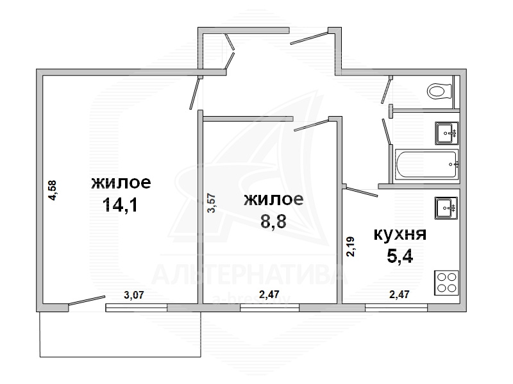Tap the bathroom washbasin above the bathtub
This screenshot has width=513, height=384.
coord(446,133)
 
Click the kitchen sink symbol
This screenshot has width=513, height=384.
coord(446,208)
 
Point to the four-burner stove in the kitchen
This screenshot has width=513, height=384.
coord(446,283)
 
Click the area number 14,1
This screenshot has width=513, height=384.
coord(120,205)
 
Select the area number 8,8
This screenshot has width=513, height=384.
coord(273,221)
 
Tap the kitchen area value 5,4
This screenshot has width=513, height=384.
coord(399,256)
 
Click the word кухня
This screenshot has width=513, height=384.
coord(399,234)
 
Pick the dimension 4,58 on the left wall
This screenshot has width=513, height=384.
coord(52,190)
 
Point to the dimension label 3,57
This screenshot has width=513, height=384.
coord(212,203)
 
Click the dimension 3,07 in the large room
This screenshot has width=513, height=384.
coord(134,295)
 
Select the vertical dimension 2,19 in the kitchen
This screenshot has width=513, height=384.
coord(351,247)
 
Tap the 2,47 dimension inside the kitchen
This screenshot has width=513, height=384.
coord(399,294)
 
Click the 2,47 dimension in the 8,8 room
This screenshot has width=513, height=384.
coord(269,294)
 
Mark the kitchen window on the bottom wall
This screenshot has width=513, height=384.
coord(396,308)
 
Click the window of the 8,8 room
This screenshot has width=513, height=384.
coord(270,308)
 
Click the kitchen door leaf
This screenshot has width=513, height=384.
coord(362,192)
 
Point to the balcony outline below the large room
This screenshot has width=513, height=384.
coord(120,357)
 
